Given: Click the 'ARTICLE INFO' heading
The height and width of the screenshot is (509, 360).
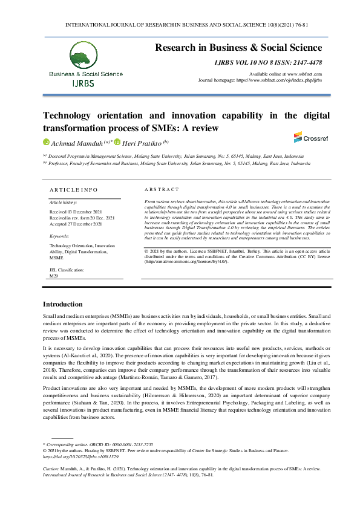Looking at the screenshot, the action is coord(73,189).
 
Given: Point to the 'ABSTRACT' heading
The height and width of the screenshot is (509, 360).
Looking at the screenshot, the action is coord(162,189).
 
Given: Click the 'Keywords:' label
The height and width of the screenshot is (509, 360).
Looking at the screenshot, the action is coord(59,236).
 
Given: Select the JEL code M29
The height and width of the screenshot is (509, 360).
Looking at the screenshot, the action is coord(53,275).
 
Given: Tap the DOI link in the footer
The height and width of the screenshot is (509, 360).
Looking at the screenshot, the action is coord(71,458).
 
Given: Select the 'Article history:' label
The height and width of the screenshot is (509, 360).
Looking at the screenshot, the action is coord(63,201).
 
